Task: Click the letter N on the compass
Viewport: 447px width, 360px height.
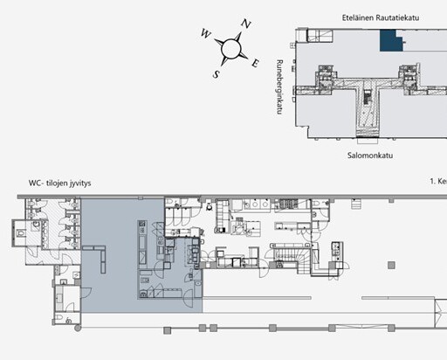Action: pos(246,24)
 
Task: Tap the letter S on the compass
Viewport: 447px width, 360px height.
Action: pos(216,74)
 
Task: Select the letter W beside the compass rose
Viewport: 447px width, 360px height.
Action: pos(206,33)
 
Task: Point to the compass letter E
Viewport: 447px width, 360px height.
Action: pos(255,63)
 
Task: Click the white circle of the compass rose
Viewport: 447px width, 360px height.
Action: pos(231,49)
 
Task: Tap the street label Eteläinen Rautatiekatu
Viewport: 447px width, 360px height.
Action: pos(381,17)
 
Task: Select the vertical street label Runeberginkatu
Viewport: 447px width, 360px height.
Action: pos(279,87)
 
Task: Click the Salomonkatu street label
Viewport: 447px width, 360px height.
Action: pos(370,156)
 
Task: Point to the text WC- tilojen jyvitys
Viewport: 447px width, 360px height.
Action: pos(59,183)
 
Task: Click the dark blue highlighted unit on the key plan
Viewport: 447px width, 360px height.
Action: pos(390,41)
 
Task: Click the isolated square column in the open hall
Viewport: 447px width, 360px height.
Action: pos(391,265)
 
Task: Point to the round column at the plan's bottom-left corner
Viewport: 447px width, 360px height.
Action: pos(78,328)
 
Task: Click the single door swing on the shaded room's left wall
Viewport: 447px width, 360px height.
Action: pos(86,292)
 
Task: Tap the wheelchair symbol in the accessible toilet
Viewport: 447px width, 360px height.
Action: pos(69,321)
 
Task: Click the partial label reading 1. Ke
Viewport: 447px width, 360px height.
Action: pos(438,181)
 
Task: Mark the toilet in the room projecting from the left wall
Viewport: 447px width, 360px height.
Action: pos(20,233)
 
